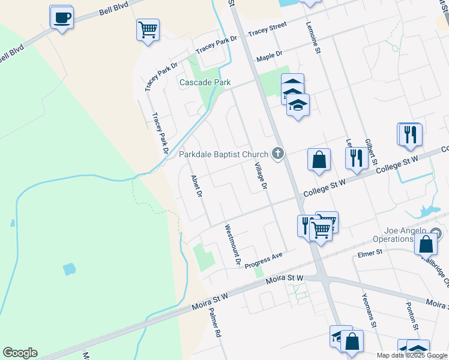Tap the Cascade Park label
click(205, 82)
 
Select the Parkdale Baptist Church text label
click(224, 154)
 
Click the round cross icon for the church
click(277, 154)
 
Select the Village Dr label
click(260, 176)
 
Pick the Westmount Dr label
click(232, 245)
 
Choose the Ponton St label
click(411, 316)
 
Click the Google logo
click(20, 353)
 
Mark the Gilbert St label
click(371, 151)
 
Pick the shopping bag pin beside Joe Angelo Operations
click(426, 244)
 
